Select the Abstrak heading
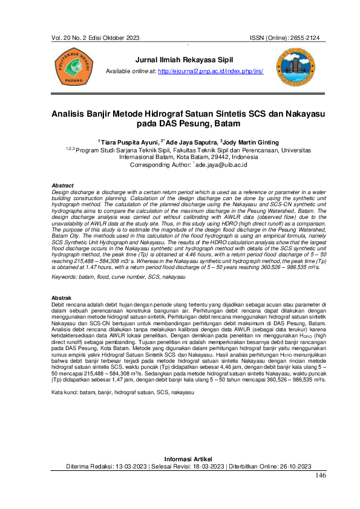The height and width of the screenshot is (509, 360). [x=62, y=299]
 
